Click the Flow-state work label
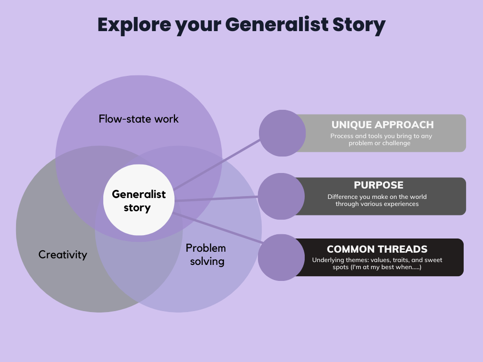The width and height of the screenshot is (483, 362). pyautogui.click(x=139, y=119)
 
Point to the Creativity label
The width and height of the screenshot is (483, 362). pyautogui.click(x=63, y=255)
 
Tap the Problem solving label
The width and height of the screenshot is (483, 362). pyautogui.click(x=206, y=254)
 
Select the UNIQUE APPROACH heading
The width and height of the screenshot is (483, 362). pyautogui.click(x=382, y=125)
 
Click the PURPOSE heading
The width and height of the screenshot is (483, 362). pyautogui.click(x=378, y=185)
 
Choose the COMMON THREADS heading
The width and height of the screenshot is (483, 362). pyautogui.click(x=377, y=249)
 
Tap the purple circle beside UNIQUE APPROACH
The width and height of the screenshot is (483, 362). pyautogui.click(x=283, y=133)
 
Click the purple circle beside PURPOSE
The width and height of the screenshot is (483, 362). pyautogui.click(x=281, y=196)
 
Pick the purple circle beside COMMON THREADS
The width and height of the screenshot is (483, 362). pyautogui.click(x=281, y=257)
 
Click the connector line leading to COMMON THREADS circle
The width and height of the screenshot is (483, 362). pyautogui.click(x=217, y=228)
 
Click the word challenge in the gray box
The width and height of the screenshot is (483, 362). pyautogui.click(x=395, y=143)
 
